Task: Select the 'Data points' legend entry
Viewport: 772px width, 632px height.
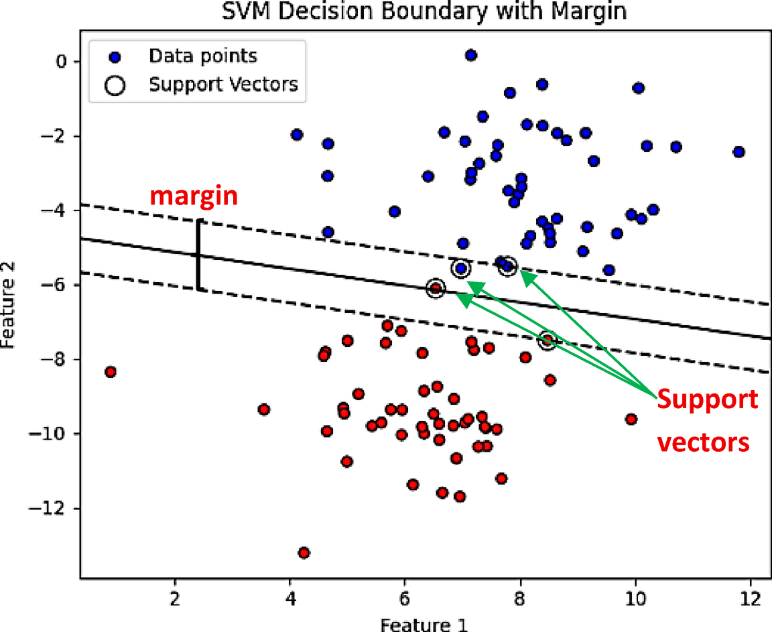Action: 202,55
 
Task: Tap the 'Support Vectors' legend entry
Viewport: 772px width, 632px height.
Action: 223,85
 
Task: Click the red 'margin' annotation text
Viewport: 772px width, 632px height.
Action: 193,196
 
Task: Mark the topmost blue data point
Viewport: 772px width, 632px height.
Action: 471,55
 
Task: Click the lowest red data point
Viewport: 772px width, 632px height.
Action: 304,552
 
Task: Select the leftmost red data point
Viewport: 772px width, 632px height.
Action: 111,372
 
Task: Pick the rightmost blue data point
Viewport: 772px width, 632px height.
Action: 738,152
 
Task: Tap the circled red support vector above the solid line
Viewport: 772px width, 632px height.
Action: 436,288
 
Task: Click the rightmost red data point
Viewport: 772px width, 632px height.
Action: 631,419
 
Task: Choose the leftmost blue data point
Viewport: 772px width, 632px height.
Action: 297,135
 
